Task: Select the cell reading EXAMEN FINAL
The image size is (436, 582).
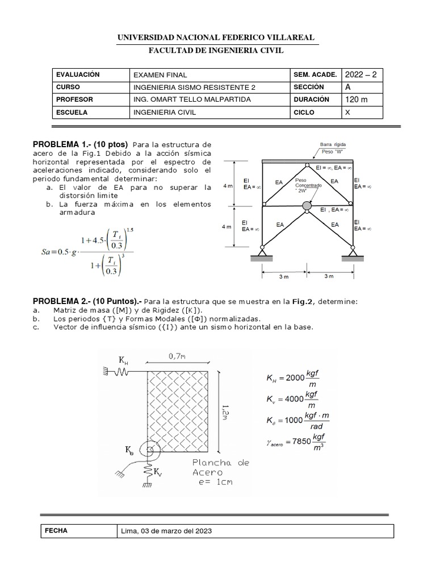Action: click(160, 74)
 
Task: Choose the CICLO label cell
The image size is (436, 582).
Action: click(305, 112)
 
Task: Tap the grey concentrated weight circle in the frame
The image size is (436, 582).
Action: click(307, 205)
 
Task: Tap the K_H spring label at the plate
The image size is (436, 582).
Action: click(124, 360)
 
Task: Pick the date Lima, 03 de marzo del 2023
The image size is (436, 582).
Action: click(166, 531)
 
